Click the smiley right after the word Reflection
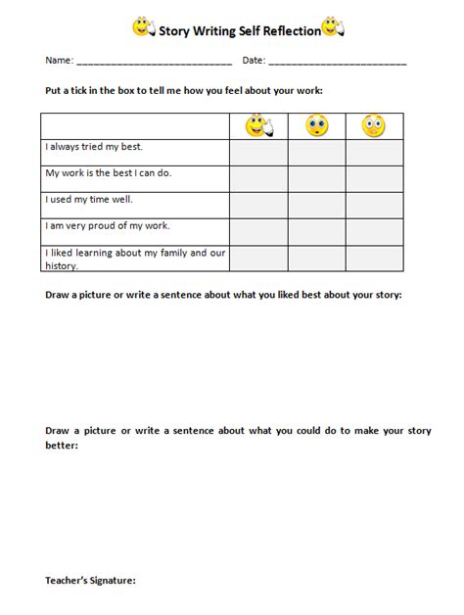[333, 28]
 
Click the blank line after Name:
[154, 62]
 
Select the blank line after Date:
[337, 62]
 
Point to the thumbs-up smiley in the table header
[259, 125]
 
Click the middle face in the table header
[317, 125]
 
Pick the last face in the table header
[373, 125]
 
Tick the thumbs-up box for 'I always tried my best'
[258, 152]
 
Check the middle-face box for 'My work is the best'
[317, 178]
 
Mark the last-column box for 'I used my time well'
[374, 205]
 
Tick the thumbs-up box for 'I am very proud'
[258, 231]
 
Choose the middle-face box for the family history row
[317, 259]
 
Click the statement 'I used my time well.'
[89, 199]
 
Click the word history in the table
[61, 264]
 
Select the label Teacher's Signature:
[90, 580]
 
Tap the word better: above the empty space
[62, 446]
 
